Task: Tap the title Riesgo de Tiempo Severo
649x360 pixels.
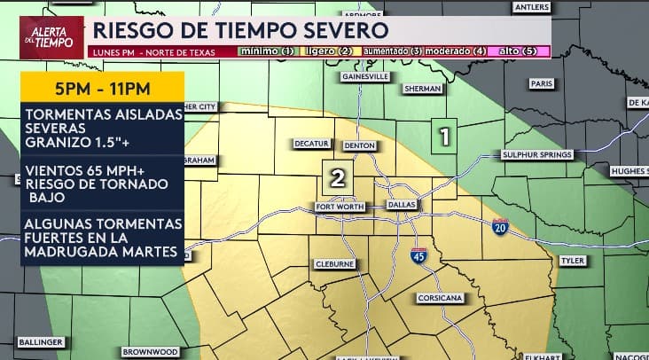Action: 240,29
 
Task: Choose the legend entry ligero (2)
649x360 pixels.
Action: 331,51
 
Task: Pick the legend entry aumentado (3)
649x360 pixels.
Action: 391,51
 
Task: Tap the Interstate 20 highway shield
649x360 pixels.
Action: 501,227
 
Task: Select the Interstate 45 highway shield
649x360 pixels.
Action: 418,255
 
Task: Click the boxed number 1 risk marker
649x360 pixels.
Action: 444,137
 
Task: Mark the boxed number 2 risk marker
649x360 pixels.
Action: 337,178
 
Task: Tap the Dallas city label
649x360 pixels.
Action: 403,206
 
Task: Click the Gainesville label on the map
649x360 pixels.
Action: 366,77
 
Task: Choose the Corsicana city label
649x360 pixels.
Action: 440,298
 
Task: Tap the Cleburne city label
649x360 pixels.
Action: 335,264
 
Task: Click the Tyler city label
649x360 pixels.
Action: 572,261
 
